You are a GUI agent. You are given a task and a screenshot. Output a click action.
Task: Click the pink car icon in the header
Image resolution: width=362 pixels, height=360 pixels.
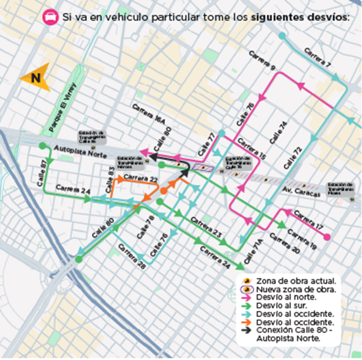click(x=50, y=17)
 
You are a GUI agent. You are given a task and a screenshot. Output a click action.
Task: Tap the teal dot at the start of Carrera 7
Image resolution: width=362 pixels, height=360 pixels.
click(x=281, y=36)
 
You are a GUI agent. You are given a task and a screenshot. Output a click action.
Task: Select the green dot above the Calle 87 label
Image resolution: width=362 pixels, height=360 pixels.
click(x=43, y=145)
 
